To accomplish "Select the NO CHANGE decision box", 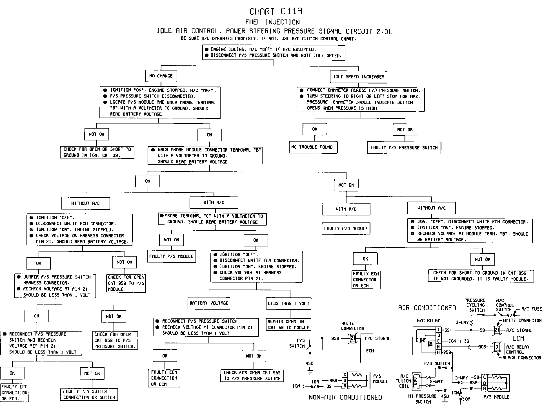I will pyautogui.click(x=161, y=76).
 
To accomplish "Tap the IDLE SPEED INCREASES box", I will pyautogui.click(x=358, y=77).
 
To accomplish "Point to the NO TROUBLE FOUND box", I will pyautogui.click(x=313, y=147).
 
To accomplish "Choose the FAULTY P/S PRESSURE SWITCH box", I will pyautogui.click(x=404, y=148).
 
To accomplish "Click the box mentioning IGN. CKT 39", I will pyautogui.click(x=97, y=152).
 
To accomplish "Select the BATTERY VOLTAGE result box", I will pyautogui.click(x=209, y=303).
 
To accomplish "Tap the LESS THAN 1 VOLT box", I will pyautogui.click(x=288, y=304).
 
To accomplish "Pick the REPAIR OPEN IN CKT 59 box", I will pyautogui.click(x=288, y=325).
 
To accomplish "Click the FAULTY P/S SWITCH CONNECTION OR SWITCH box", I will pyautogui.click(x=89, y=394).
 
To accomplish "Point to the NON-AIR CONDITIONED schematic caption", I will pyautogui.click(x=345, y=398).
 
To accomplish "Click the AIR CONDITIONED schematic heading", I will pyautogui.click(x=427, y=308).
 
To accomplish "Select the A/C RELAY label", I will pyautogui.click(x=428, y=321).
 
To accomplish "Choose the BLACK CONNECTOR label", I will pyautogui.click(x=522, y=358).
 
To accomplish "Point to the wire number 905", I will pyautogui.click(x=482, y=347).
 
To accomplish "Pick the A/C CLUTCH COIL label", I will pyautogui.click(x=404, y=381).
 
